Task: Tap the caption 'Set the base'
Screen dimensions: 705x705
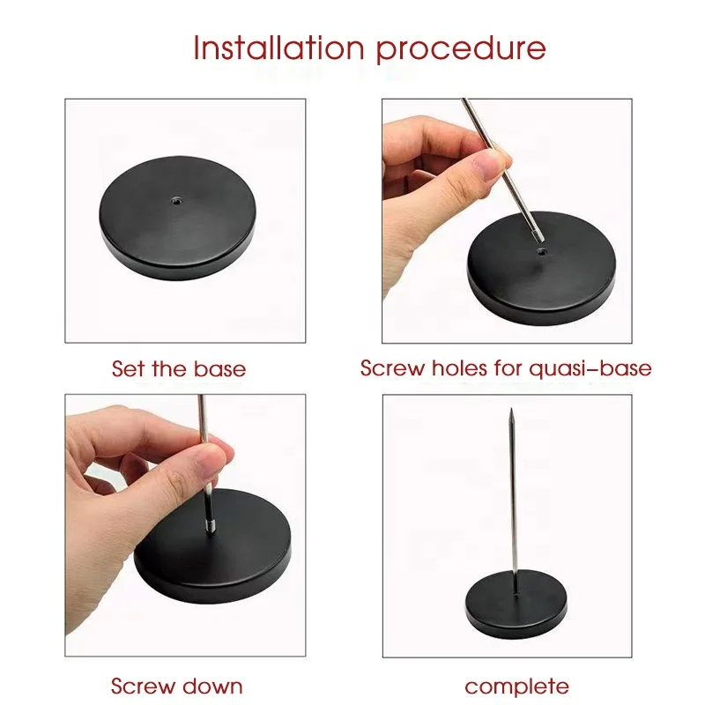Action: (x=178, y=367)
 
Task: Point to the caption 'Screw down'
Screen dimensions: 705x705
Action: (x=176, y=686)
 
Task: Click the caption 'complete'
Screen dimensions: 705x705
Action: (x=516, y=686)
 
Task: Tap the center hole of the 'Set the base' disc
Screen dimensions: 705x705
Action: (x=176, y=200)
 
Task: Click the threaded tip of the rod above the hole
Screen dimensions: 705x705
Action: (x=536, y=233)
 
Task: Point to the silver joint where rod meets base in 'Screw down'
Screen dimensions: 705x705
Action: (x=211, y=527)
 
